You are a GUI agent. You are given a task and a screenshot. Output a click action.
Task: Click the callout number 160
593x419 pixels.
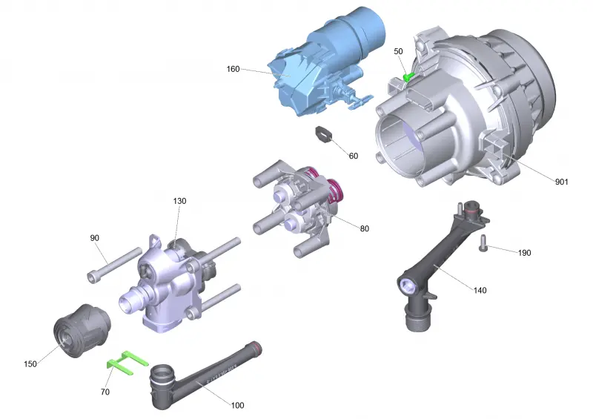[x=233, y=69]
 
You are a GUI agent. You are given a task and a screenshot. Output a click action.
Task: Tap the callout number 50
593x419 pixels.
[x=398, y=51]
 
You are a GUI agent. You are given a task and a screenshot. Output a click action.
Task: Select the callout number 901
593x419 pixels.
[x=562, y=182]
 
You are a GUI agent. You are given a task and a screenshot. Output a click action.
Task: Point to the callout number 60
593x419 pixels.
[x=354, y=156]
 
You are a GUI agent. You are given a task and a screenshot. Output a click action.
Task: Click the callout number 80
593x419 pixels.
[x=364, y=228]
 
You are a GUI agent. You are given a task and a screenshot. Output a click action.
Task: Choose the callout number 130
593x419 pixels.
[x=179, y=201]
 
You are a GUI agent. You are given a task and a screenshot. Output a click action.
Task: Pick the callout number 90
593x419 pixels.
[x=95, y=238]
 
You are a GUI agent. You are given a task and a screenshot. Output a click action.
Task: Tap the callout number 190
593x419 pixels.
[x=525, y=253]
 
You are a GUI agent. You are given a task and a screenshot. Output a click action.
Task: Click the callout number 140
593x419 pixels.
[x=480, y=290]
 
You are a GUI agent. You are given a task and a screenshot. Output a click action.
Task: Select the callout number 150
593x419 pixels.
[x=30, y=364]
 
